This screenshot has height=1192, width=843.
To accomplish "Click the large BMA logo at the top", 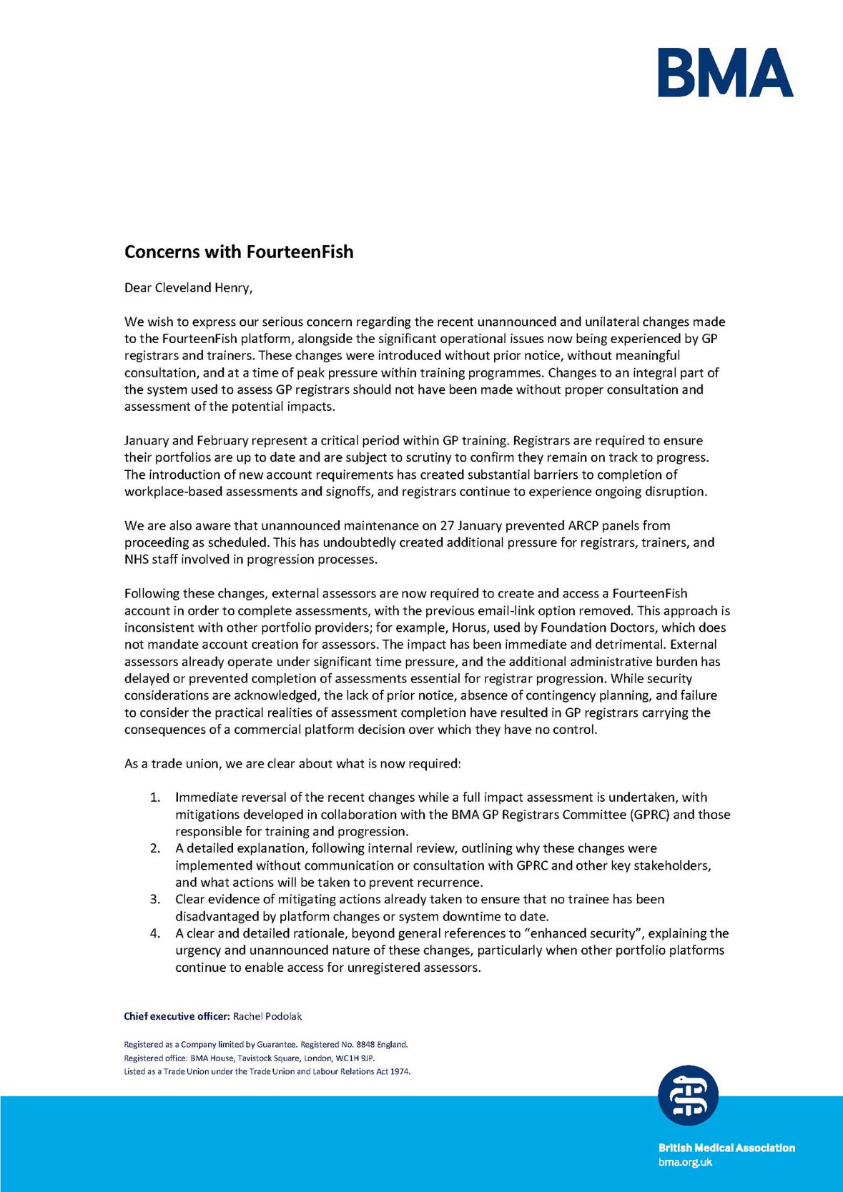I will (x=725, y=72).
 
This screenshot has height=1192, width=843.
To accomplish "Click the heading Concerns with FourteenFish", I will (x=239, y=252).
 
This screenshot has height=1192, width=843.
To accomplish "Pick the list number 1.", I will (x=154, y=798).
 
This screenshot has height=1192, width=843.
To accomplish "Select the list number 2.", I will (x=154, y=848).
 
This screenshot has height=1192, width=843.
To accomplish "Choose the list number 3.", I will (x=154, y=899).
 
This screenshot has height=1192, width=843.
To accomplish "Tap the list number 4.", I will (x=154, y=933).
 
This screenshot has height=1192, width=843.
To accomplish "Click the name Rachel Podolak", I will (x=267, y=1016).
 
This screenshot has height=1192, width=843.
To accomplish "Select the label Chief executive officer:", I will (x=177, y=1016).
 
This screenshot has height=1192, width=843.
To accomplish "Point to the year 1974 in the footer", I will (x=400, y=1071).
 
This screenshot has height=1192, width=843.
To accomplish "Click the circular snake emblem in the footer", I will (x=688, y=1095).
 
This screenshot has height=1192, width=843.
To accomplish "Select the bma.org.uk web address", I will (x=685, y=1163).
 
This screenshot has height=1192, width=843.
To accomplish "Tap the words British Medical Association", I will (x=726, y=1148).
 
